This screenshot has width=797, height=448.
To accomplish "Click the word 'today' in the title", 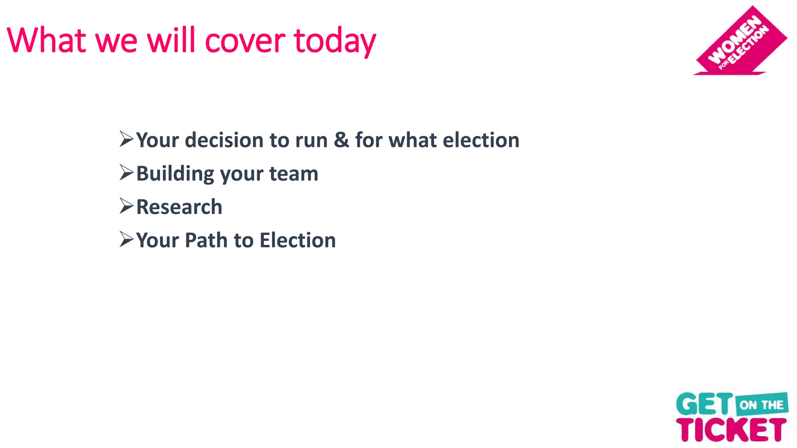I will [335, 41].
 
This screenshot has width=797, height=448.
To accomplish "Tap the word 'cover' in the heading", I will [245, 41].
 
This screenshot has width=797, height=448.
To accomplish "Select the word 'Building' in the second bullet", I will [175, 174].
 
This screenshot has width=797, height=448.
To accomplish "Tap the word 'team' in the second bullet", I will [294, 174].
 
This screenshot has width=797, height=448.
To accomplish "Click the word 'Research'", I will [179, 207].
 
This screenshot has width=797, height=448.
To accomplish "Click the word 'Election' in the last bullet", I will [298, 240].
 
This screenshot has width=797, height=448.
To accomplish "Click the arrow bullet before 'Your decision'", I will [126, 139].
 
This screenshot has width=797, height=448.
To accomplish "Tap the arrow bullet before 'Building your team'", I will [126, 173].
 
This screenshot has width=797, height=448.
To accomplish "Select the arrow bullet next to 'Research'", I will [126, 206].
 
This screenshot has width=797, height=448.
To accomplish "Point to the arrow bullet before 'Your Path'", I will [126, 240].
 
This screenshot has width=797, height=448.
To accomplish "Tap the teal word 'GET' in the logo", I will [704, 404].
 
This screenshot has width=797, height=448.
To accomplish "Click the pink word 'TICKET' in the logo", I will [731, 430].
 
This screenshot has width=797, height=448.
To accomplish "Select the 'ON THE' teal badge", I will [762, 405].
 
